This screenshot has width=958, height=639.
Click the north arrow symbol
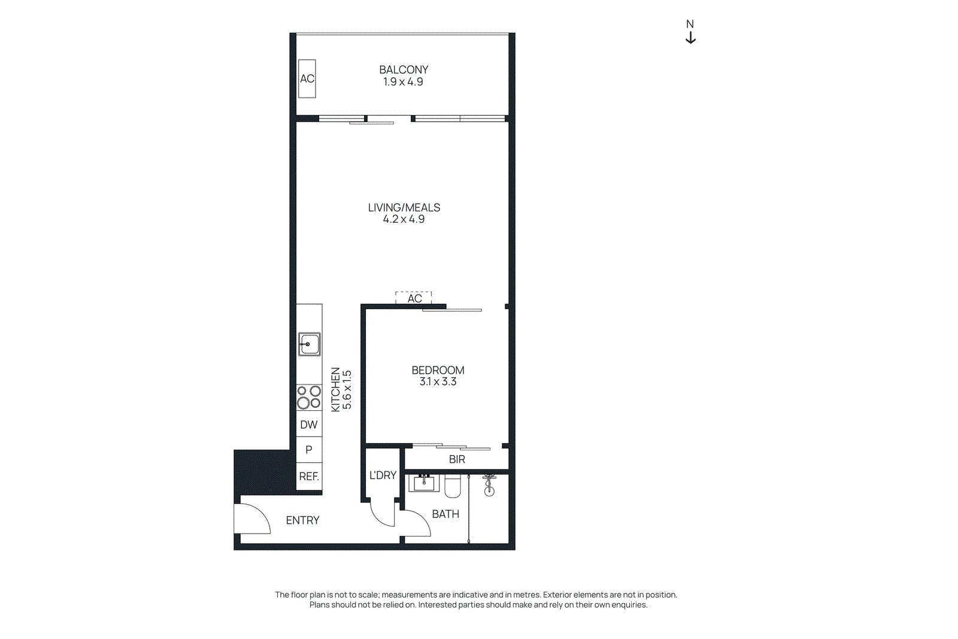pos(690,38)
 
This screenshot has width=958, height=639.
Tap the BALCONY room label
pos(404,69)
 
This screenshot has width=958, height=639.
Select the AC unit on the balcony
pos(307,78)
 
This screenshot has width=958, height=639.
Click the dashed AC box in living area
pos(414,298)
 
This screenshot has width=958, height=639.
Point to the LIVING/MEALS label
pos(404,207)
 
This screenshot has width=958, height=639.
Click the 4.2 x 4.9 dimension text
pos(404,219)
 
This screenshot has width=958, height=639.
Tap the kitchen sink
pos(309,344)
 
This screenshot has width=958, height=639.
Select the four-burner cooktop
pos(309,397)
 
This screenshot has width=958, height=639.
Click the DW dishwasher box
pos(309,424)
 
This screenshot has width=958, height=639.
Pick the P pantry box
pos(309,450)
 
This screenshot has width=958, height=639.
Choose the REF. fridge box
pos(309,477)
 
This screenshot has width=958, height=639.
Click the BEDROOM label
pos(438,370)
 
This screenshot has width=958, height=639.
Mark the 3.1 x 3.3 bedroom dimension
pos(438,381)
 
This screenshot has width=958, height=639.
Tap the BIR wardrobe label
pos(457,459)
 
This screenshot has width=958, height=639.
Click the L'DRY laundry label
pos(383,475)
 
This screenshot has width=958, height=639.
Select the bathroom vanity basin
pos(424,483)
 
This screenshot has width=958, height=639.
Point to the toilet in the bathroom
pos(453,486)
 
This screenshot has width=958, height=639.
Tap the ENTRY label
pos(303,520)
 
